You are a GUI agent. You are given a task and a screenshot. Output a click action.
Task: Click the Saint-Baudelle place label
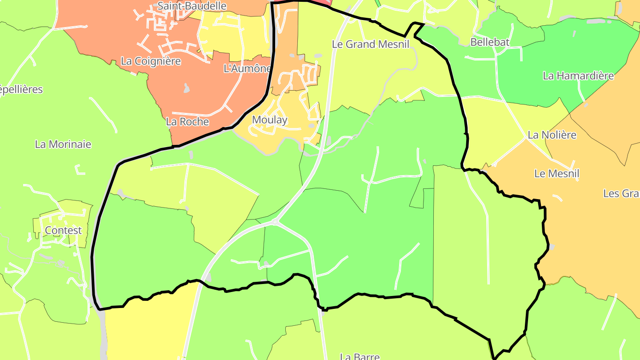tap(192, 6)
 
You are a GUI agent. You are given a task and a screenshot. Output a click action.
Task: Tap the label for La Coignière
tap(151, 61)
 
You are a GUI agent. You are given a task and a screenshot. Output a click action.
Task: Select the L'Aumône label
tap(247, 68)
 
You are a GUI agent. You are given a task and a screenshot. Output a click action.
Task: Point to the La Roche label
tap(187, 121)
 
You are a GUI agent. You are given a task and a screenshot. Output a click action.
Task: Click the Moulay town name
tap(269, 120)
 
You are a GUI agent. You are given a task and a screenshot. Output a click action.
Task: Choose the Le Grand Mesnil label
tap(371, 44)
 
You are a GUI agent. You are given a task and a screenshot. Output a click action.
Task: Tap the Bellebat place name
tap(490, 42)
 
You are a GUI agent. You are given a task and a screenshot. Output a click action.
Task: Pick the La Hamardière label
tap(578, 76)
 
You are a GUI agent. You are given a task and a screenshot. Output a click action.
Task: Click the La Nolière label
tap(552, 135)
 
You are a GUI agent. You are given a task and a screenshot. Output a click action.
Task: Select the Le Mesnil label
tap(557, 173)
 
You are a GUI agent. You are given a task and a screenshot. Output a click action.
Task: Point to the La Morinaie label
tap(63, 144)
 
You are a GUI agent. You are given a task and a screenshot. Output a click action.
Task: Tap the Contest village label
tap(63, 230)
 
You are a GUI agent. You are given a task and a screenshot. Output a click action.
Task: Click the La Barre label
tap(360, 356)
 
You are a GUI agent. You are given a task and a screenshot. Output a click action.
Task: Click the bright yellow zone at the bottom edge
tap(147, 329)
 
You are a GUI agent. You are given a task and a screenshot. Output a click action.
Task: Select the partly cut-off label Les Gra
tap(621, 193)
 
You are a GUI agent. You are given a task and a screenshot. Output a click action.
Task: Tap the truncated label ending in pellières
tap(21, 89)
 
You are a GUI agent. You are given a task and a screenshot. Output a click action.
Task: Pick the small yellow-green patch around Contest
tap(80, 209)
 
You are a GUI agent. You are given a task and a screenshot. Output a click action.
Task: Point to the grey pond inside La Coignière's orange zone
tap(187, 88)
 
